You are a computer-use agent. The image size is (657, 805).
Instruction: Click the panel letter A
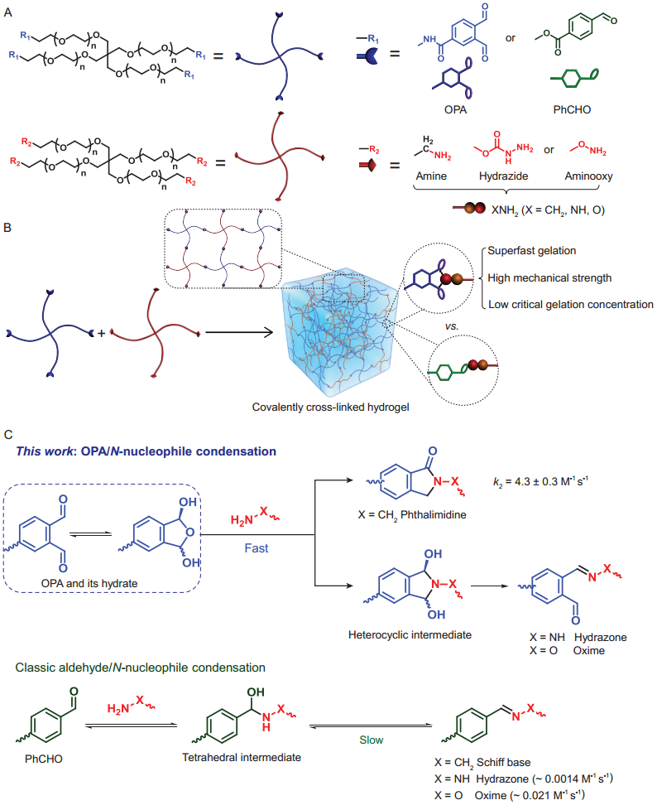(x=8, y=9)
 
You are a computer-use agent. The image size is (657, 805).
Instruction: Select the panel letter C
(x=8, y=434)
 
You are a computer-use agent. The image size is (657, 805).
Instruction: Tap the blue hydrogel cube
(x=340, y=332)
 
